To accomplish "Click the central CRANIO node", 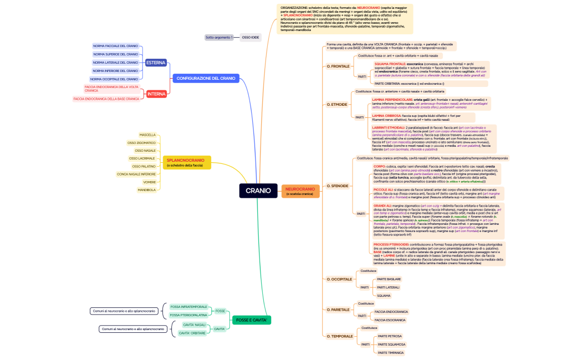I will (258, 191).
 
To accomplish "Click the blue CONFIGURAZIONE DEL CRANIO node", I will (206, 79).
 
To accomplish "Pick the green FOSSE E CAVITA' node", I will (252, 320).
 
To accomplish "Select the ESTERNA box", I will (156, 63).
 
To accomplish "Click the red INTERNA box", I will (156, 94).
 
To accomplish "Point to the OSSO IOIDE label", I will (250, 37).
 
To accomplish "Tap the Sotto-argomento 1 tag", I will (219, 37).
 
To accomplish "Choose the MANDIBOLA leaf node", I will (147, 190).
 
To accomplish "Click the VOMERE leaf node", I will (149, 182).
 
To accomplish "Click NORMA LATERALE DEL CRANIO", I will (115, 63).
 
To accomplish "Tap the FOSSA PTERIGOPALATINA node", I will (188, 315).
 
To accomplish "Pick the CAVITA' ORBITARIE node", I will (192, 333).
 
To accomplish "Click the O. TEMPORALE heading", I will (339, 336).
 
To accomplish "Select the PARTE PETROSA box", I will (390, 336).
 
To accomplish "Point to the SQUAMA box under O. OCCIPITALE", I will (384, 295).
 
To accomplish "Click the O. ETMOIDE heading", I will (337, 104).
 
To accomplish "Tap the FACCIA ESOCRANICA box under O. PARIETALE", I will (390, 320).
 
